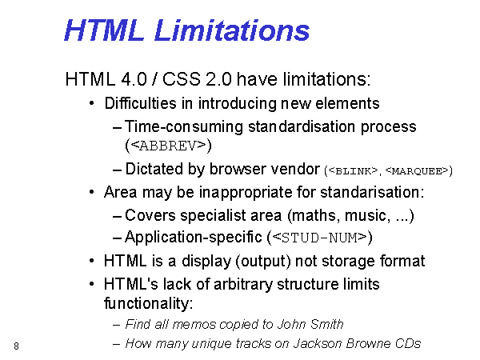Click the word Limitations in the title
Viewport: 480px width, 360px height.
coord(232,30)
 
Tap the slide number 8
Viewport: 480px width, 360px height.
coord(16,346)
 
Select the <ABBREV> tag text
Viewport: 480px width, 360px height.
coord(168,146)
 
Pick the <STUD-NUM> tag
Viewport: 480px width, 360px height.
coord(319,238)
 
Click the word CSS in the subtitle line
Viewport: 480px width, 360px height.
coord(182,79)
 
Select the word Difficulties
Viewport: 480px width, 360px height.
coord(141,103)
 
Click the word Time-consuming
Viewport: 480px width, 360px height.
coord(184,126)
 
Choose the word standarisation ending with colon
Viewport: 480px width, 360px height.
coord(372,192)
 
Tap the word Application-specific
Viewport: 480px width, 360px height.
coord(194,238)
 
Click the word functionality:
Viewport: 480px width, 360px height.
coord(149,303)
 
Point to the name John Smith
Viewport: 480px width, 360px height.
coord(310,324)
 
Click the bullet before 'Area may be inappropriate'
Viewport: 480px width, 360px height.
coord(91,192)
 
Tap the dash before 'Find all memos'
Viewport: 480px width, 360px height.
coord(116,325)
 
